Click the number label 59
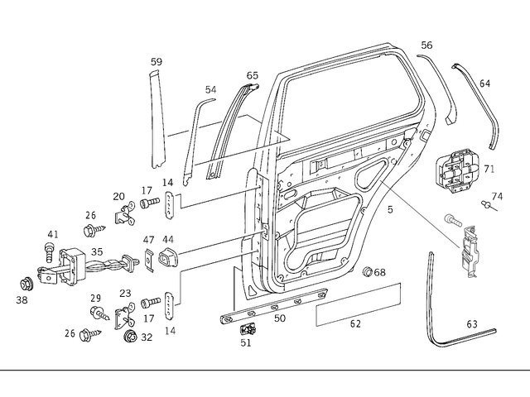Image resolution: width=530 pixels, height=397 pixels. click(157, 62)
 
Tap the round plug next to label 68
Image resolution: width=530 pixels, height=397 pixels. click(369, 272)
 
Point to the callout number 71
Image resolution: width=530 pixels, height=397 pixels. click(489, 169)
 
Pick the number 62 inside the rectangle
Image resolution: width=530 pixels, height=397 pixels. click(355, 323)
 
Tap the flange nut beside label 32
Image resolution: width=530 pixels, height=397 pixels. click(130, 337)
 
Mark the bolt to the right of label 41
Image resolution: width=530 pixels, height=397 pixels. click(48, 247)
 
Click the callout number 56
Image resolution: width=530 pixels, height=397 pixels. click(426, 45)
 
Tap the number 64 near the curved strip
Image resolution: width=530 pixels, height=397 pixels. click(485, 84)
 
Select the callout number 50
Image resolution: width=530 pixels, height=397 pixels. click(279, 318)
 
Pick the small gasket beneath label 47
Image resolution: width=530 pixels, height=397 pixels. click(150, 261)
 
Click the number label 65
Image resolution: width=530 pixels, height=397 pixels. click(253, 75)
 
